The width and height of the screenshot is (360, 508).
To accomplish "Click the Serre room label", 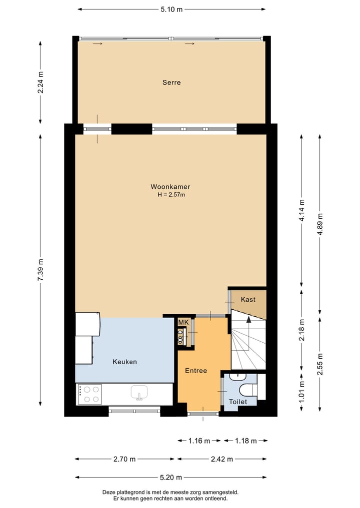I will pyautogui.click(x=171, y=82).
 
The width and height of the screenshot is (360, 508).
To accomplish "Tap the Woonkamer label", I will pyautogui.click(x=170, y=187).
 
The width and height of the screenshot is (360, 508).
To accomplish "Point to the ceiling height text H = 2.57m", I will pyautogui.click(x=171, y=195).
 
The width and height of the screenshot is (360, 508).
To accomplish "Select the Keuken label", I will pyautogui.click(x=124, y=362).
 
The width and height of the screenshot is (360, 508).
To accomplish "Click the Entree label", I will pyautogui.click(x=196, y=371).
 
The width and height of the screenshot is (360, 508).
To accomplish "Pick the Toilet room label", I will pyautogui.click(x=238, y=402).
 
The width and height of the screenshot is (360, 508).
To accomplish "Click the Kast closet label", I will pyautogui.click(x=248, y=300).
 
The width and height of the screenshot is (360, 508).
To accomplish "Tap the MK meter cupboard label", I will pyautogui.click(x=183, y=323).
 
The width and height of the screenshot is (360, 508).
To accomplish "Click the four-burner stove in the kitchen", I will pyautogui.click(x=89, y=394).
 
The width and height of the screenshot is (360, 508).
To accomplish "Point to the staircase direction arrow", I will pyautogui.click(x=248, y=320).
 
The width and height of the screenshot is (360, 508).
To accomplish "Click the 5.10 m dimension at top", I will pyautogui.click(x=171, y=9).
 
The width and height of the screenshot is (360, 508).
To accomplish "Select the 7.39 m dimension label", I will pyautogui.click(x=40, y=270).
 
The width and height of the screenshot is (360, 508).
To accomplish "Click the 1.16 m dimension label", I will pyautogui.click(x=198, y=441).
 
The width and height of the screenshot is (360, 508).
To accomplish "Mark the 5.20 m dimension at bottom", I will pyautogui.click(x=171, y=477).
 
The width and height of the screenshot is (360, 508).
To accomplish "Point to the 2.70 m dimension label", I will pyautogui.click(x=124, y=459).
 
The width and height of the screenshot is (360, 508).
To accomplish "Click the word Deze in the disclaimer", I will pyautogui.click(x=109, y=492).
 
